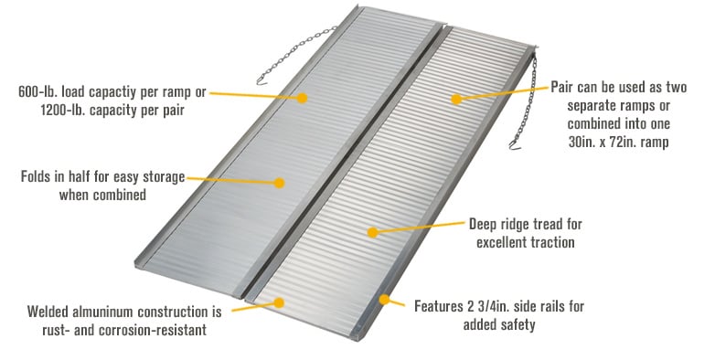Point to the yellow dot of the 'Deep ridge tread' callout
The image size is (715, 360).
click(x=372, y=232)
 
